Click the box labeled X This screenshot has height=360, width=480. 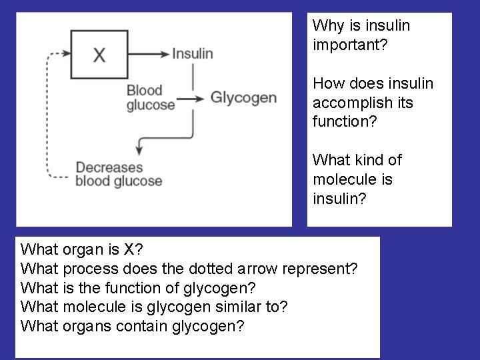(99, 53)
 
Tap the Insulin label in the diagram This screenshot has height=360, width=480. (192, 53)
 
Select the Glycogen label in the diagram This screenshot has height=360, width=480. (243, 98)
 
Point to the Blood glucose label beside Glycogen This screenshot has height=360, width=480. (150, 98)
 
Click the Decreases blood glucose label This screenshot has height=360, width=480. (118, 174)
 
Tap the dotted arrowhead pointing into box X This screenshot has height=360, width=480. (65, 53)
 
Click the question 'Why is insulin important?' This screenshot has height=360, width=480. (361, 35)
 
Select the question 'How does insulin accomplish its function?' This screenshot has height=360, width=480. (373, 103)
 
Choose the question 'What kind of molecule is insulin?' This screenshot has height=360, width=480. (357, 179)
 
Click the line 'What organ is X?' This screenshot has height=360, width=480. (82, 250)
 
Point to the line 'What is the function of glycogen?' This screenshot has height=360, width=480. (138, 289)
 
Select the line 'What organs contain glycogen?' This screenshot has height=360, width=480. (133, 327)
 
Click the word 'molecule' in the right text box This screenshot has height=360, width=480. (341, 179)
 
